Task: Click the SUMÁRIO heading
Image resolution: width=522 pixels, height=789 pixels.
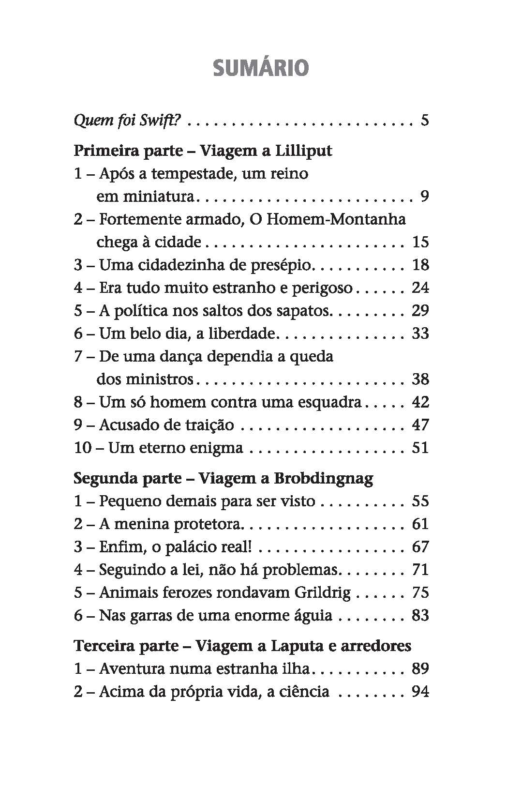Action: click(260, 68)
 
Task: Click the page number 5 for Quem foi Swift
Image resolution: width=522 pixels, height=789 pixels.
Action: click(425, 120)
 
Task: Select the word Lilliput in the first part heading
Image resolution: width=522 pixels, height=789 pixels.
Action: click(303, 151)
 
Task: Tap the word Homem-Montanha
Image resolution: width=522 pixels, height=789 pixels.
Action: click(336, 219)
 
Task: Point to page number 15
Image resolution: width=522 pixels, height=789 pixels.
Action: click(420, 242)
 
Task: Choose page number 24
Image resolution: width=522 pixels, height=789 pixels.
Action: click(420, 288)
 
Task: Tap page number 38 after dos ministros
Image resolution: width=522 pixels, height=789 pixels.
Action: click(420, 379)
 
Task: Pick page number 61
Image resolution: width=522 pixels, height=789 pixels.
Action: click(420, 524)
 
